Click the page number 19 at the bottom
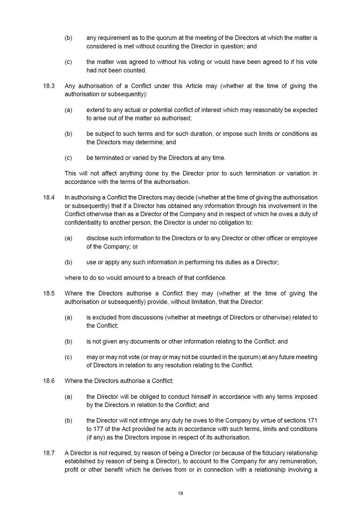pyautogui.click(x=180, y=493)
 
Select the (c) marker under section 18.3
pyautogui.click(x=68, y=158)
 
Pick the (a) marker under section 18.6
pyautogui.click(x=68, y=397)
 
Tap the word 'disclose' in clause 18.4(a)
pyautogui.click(x=97, y=238)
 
